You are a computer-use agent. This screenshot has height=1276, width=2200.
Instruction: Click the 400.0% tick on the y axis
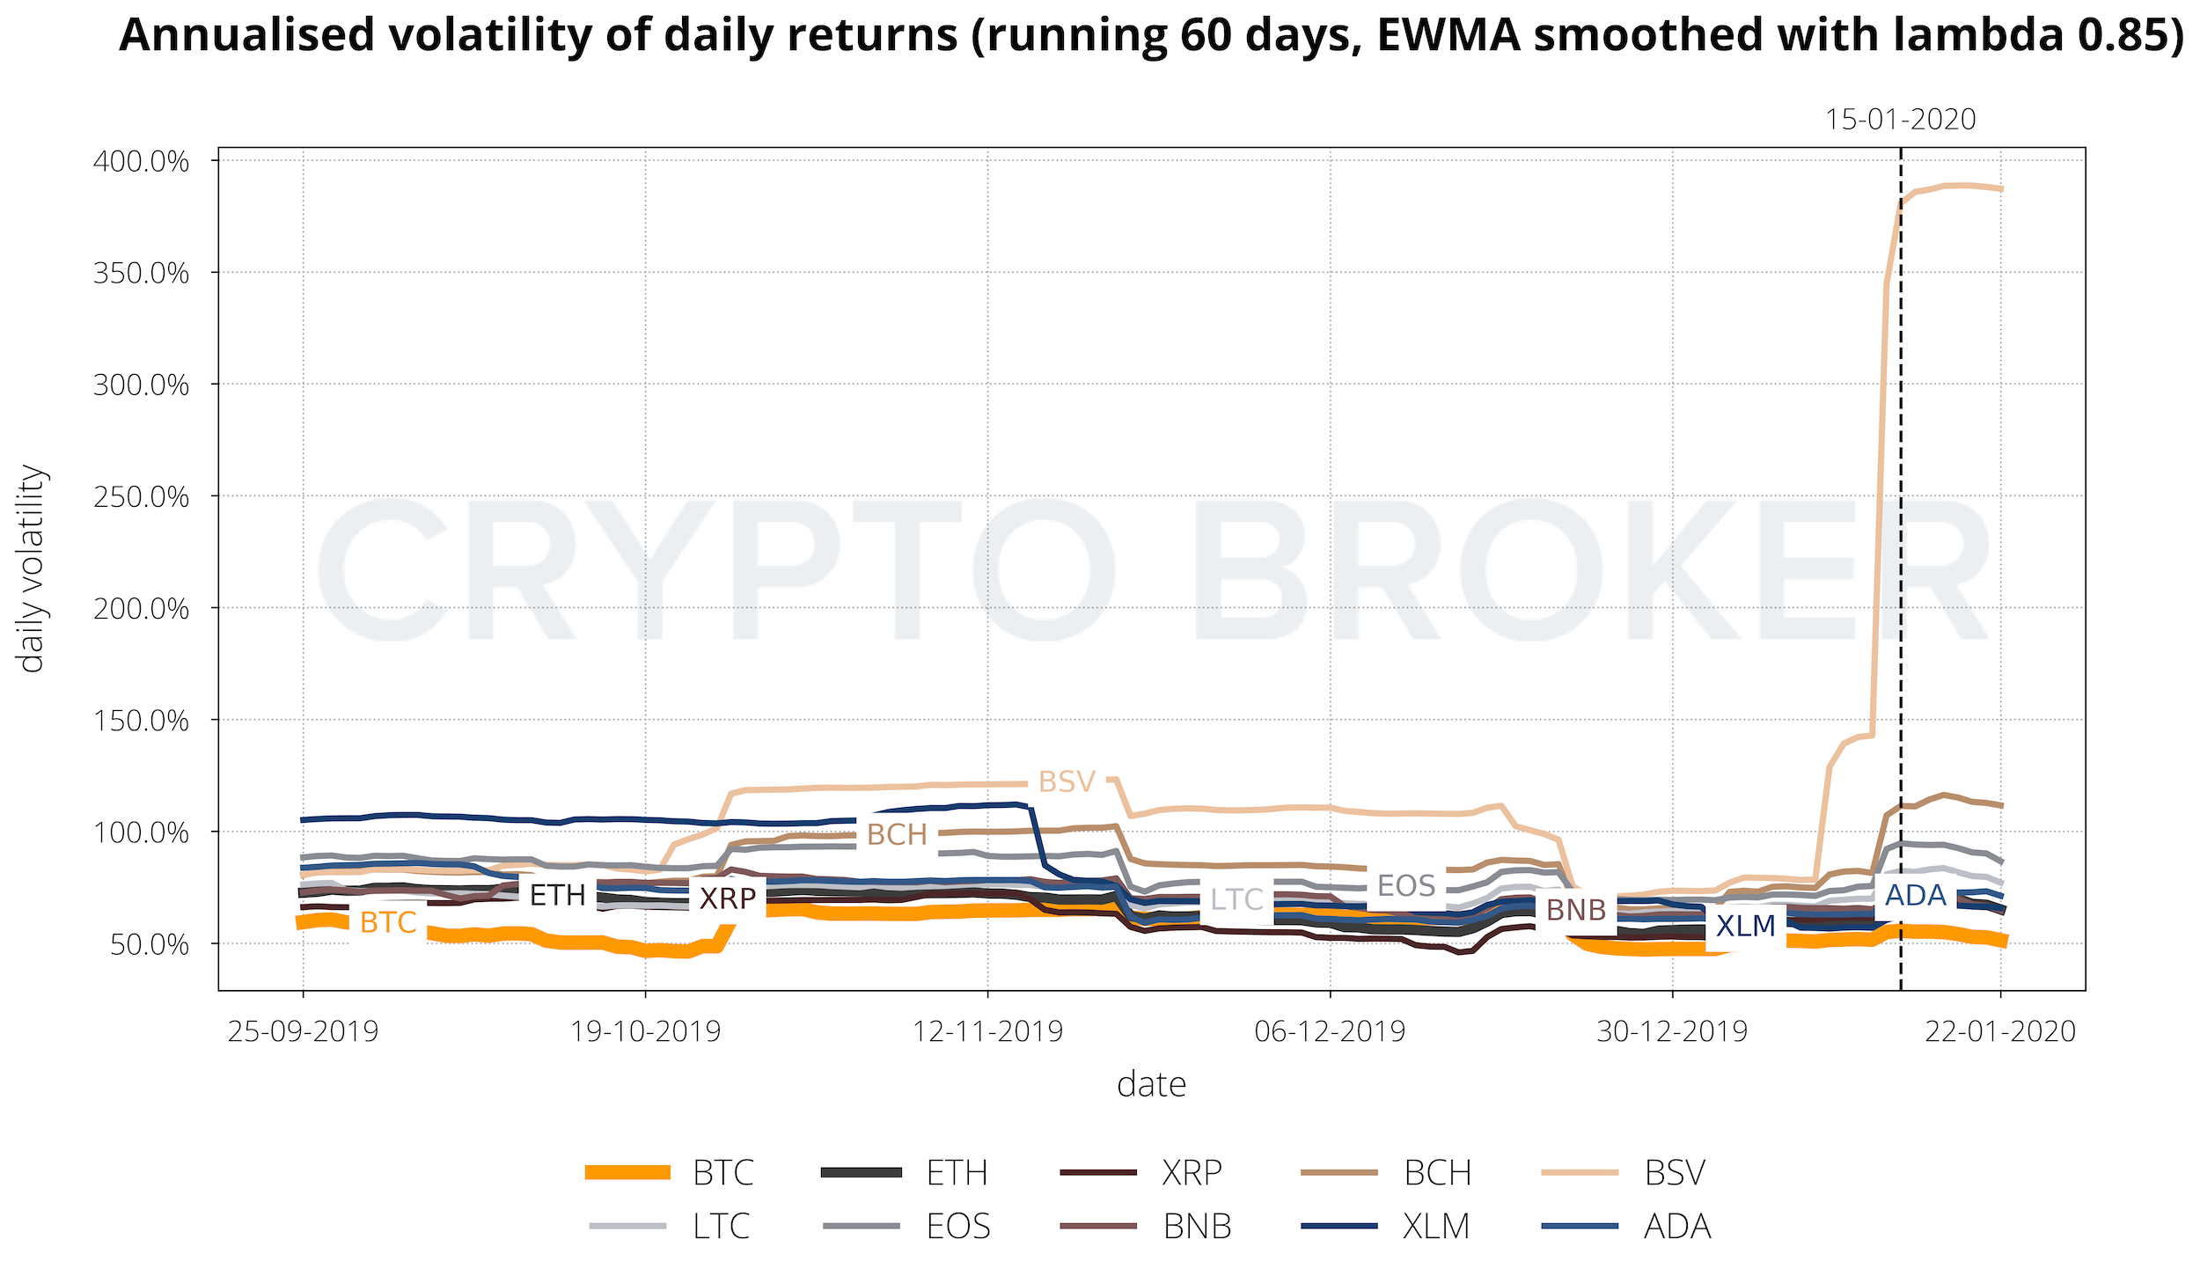(x=141, y=162)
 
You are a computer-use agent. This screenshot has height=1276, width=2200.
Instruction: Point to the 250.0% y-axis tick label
(x=141, y=497)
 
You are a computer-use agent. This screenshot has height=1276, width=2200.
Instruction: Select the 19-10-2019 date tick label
(x=645, y=1030)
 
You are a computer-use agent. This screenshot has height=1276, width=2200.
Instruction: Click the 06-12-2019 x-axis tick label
(x=1330, y=1030)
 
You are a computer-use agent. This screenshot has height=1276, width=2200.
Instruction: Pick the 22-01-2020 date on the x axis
(x=2000, y=1030)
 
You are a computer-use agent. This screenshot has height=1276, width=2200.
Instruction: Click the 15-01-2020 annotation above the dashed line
(x=1900, y=120)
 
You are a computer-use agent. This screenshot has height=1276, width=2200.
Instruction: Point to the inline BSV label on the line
(x=1067, y=781)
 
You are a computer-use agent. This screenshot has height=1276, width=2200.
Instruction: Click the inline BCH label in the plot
(x=897, y=834)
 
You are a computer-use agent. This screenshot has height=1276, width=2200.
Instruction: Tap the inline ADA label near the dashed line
(x=1915, y=895)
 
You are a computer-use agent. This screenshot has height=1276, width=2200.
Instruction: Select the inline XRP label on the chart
(x=728, y=898)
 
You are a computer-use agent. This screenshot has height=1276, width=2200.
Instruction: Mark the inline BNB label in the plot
(x=1576, y=909)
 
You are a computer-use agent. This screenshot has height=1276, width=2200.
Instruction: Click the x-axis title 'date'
(x=1151, y=1084)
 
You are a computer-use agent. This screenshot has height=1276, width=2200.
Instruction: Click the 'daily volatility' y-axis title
(x=32, y=568)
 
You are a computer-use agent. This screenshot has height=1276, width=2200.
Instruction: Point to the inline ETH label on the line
(x=557, y=895)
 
